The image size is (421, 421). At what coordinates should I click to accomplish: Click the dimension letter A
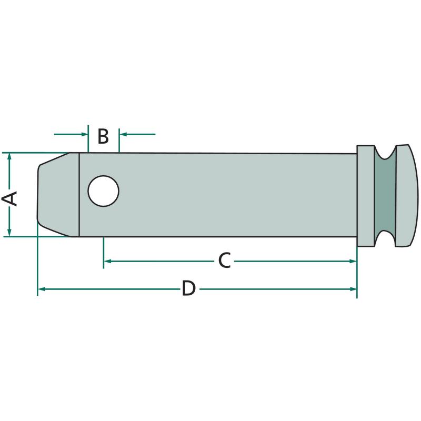pos(9,198)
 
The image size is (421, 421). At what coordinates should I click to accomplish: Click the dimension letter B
pos(103,136)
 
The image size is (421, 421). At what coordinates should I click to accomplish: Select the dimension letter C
pos(225,260)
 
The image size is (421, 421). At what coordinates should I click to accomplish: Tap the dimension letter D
pos(189,288)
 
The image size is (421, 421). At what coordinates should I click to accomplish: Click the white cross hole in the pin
pos(103,191)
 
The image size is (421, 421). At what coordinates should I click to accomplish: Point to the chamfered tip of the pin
pos(58,195)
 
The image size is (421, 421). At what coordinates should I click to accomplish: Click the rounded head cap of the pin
pos(406,195)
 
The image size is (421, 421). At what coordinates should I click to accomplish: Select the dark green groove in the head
pos(385,195)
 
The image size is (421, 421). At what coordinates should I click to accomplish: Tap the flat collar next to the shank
pos(365,196)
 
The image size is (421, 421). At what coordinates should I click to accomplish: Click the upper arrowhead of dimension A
pos(9,156)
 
